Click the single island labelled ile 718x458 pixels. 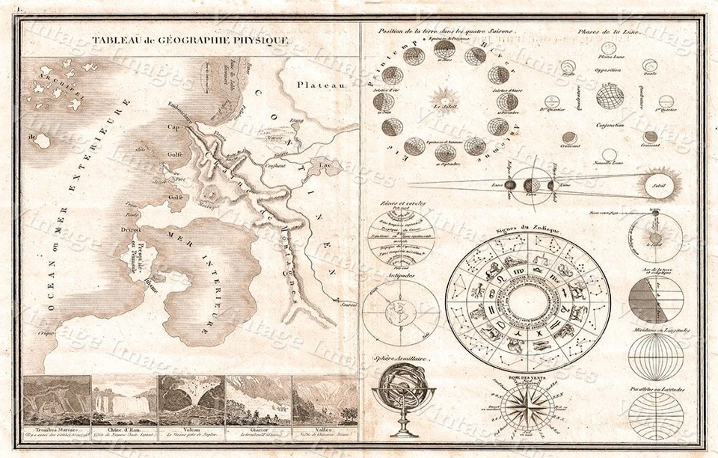43,140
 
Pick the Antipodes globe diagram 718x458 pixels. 400,312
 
